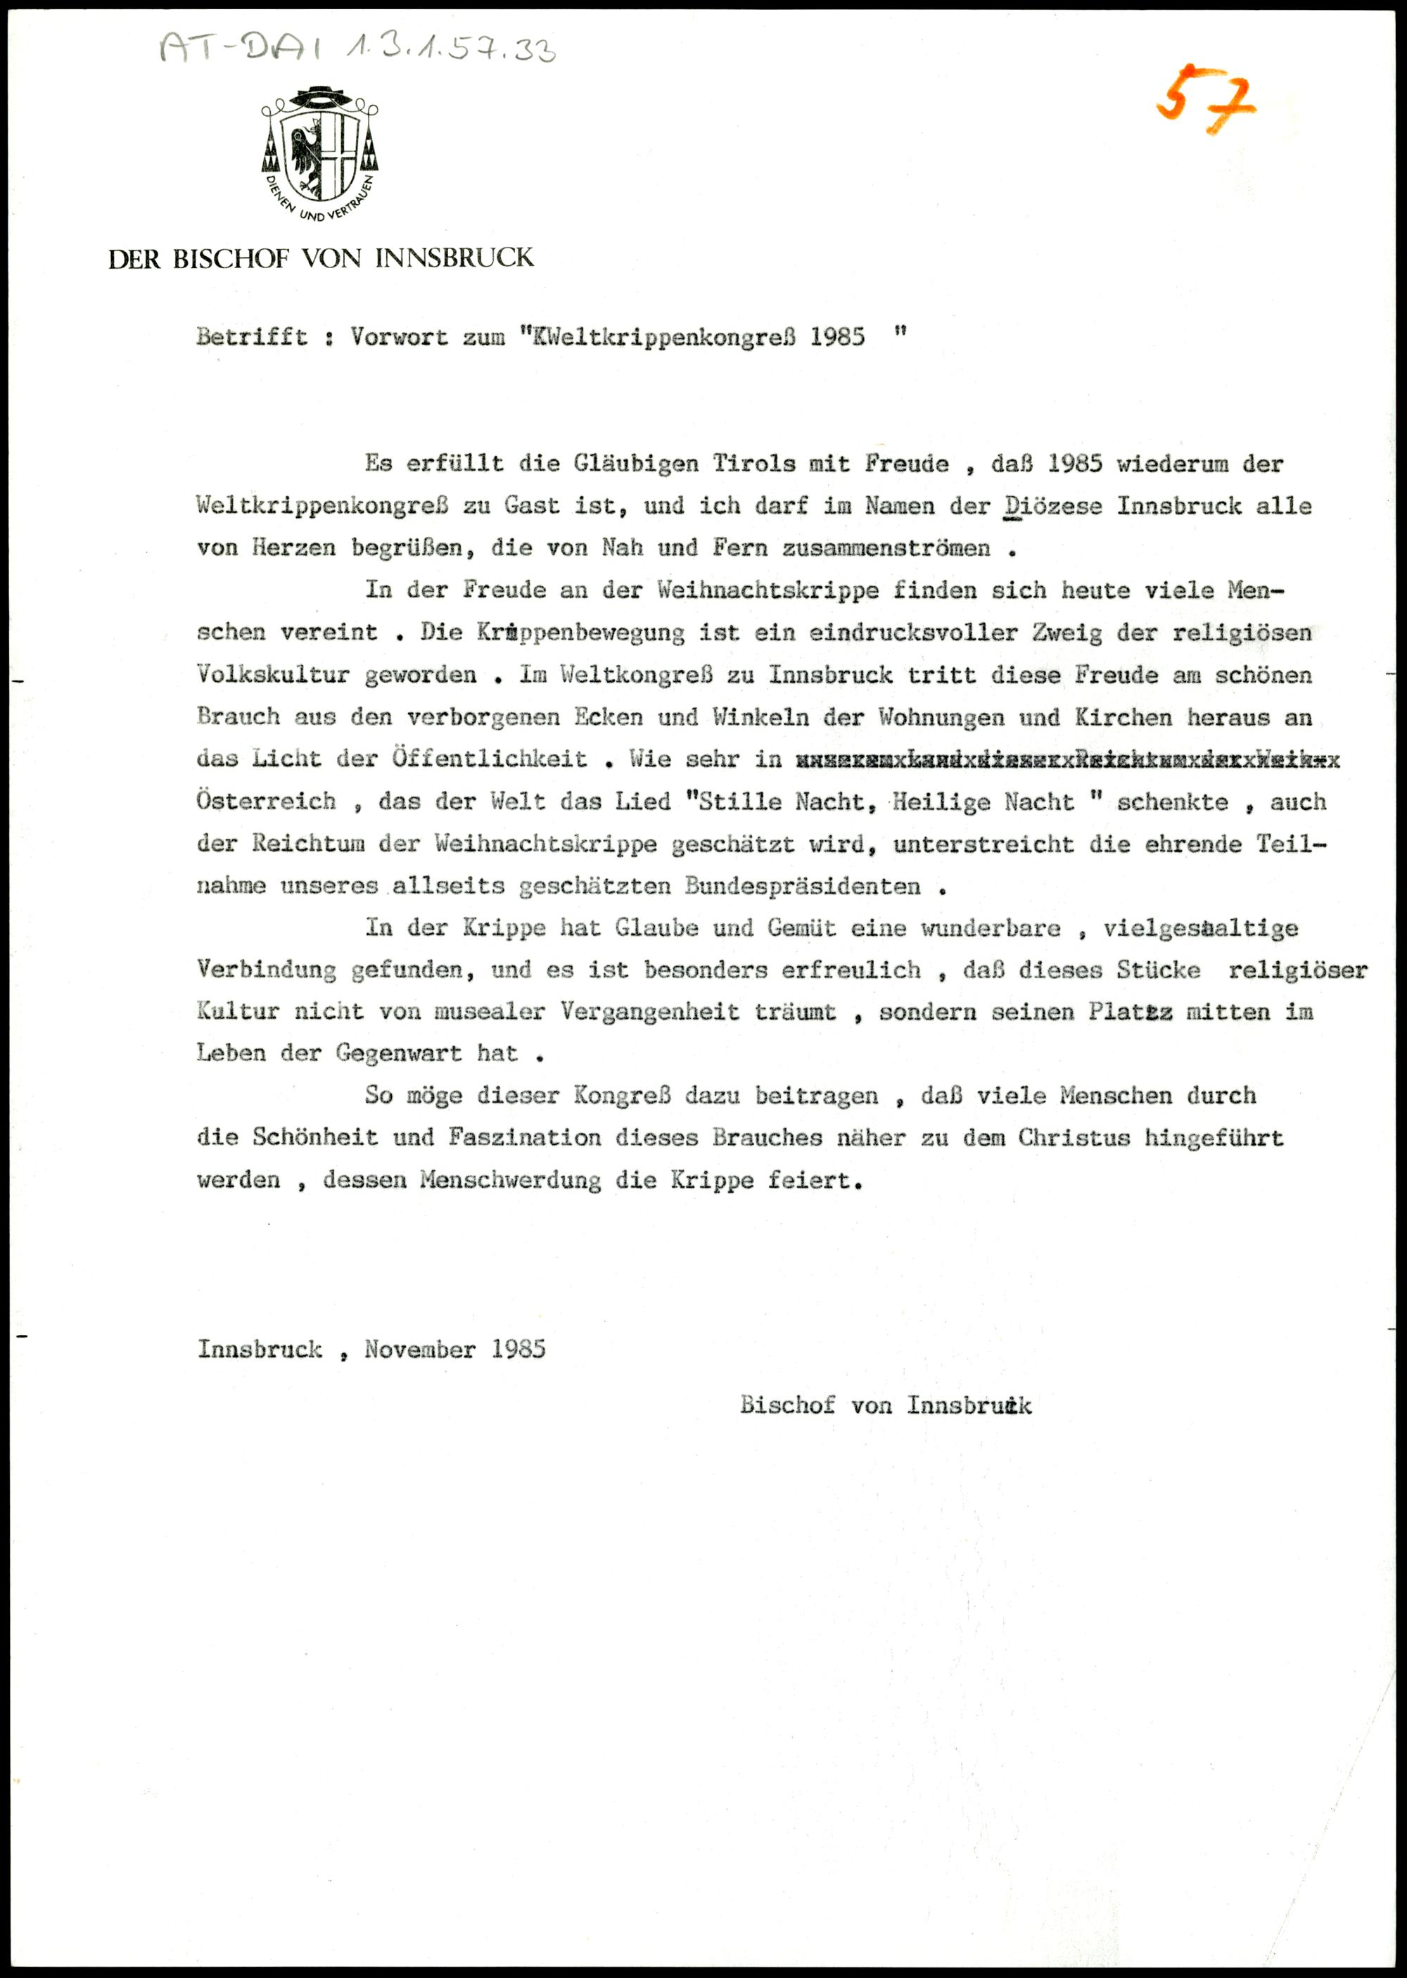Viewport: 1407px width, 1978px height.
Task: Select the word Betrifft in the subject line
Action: (251, 337)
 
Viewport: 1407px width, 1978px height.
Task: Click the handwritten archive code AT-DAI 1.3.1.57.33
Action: (357, 49)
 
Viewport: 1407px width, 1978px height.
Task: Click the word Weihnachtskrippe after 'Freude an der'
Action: (768, 591)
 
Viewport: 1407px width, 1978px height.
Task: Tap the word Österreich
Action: (266, 801)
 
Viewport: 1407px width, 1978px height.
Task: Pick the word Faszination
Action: (524, 1138)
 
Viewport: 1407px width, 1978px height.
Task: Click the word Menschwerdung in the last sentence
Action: (510, 1180)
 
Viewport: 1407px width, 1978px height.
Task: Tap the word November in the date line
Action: (420, 1349)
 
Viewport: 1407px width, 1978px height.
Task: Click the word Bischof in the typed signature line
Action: (787, 1405)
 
